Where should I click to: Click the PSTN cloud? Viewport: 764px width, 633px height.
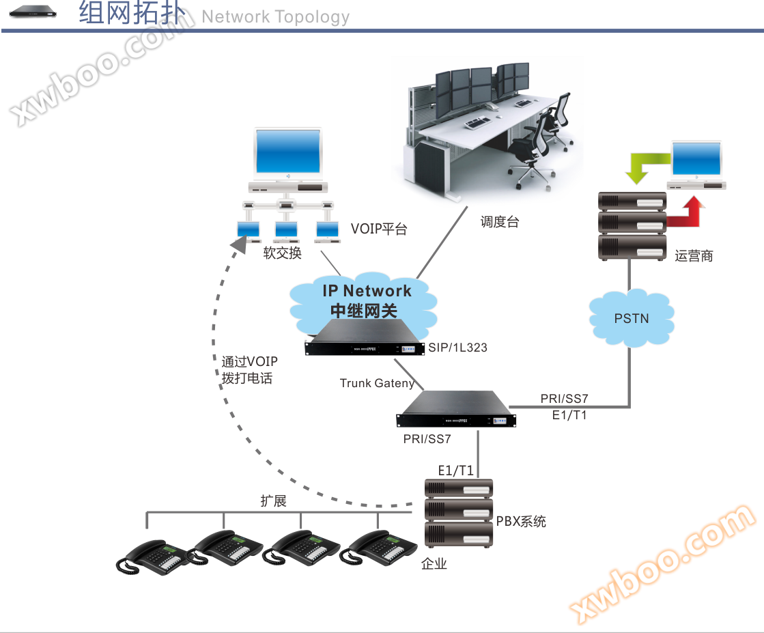click(632, 318)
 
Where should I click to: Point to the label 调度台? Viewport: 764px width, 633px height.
click(499, 222)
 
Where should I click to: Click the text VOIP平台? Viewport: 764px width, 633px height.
click(379, 229)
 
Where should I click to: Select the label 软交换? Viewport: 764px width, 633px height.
click(283, 253)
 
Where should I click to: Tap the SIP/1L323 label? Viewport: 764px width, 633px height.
click(457, 348)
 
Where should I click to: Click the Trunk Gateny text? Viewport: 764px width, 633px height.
click(376, 383)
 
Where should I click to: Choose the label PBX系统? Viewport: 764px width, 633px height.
click(521, 522)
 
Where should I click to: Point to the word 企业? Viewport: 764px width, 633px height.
click(434, 563)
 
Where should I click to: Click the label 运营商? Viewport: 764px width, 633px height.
click(694, 256)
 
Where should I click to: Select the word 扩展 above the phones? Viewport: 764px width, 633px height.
click(273, 501)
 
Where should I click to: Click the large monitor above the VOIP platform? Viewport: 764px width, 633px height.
click(287, 153)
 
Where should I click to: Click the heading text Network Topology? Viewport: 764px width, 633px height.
click(275, 17)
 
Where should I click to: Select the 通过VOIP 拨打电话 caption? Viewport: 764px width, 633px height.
click(249, 369)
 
